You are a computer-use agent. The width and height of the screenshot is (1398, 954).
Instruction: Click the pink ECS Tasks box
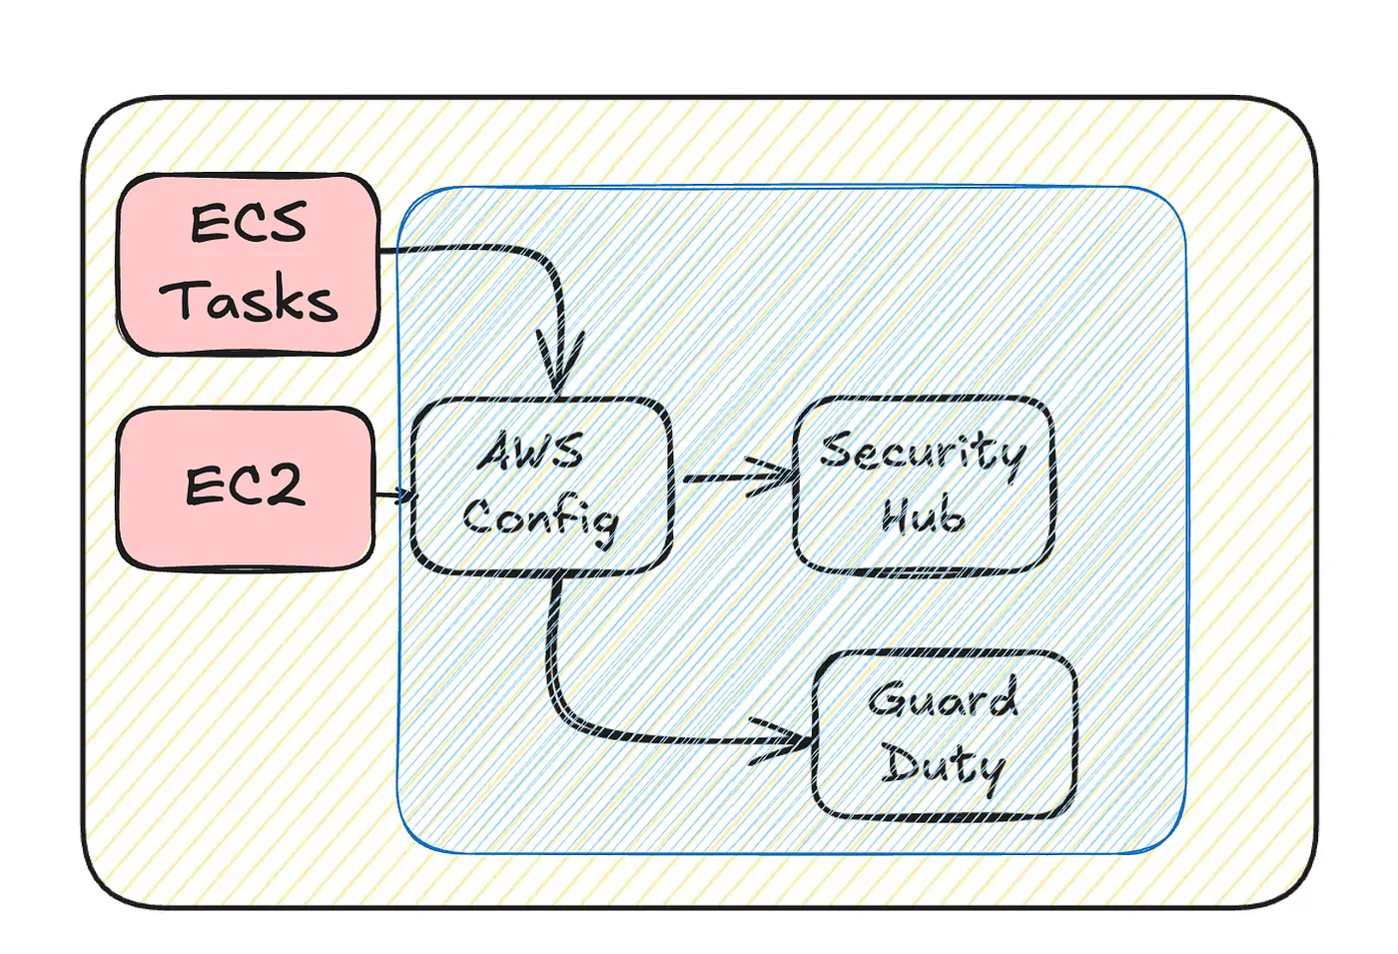pos(249,264)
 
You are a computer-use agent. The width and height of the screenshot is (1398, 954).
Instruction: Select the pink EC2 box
pos(246,488)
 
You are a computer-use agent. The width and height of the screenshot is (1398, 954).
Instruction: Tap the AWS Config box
pos(540,486)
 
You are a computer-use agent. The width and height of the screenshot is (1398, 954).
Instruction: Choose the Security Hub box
pos(924,485)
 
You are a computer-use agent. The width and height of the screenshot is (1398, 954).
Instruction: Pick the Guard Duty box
pos(945,734)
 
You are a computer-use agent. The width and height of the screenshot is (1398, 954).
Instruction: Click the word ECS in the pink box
pos(249,223)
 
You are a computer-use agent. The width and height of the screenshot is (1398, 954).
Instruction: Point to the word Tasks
pos(249,300)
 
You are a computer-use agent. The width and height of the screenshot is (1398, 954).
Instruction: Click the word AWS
pos(531,452)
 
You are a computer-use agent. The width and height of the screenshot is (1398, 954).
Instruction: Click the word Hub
pos(924,515)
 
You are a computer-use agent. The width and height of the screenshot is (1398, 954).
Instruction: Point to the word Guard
pos(944,698)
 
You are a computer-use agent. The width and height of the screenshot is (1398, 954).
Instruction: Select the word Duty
pos(942,766)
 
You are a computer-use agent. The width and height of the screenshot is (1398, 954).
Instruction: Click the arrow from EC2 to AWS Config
pos(393,494)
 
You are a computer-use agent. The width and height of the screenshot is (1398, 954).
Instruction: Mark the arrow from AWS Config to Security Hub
pos(734,478)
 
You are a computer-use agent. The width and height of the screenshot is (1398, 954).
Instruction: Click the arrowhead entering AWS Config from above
pos(559,370)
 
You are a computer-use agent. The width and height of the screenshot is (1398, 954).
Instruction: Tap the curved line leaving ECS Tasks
pos(479,249)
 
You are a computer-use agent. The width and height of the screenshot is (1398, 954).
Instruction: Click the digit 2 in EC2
pos(284,486)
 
